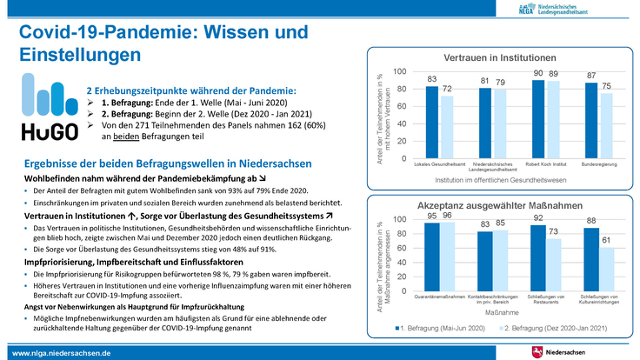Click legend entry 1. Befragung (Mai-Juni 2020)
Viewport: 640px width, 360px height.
pos(439,330)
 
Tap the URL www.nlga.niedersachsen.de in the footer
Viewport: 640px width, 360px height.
pos(60,352)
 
